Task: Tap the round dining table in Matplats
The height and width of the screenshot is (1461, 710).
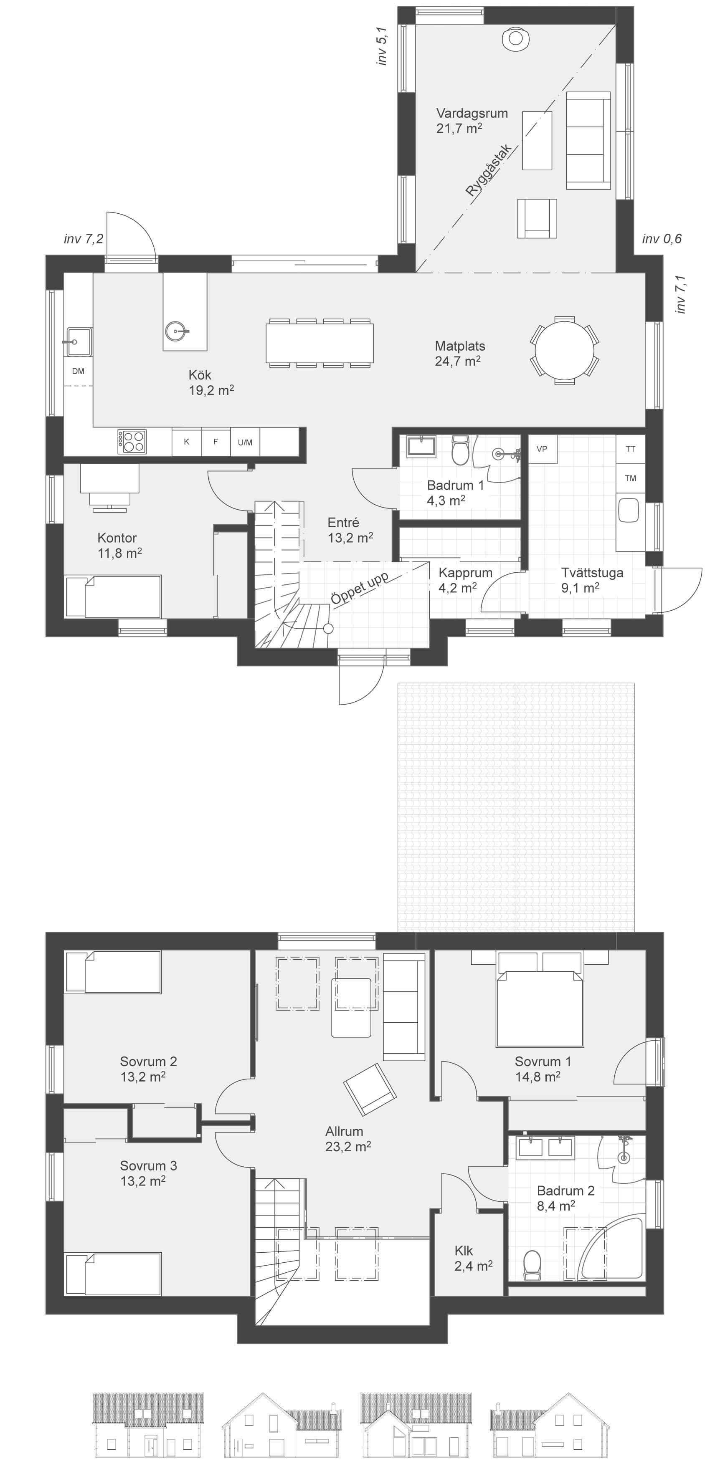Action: coord(564,350)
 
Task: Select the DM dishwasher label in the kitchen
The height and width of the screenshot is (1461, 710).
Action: coord(79,371)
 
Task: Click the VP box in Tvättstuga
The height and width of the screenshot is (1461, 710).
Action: coord(542,449)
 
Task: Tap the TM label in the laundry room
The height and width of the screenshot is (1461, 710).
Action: coord(630,478)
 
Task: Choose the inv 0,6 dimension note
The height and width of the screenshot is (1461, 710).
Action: coord(662,239)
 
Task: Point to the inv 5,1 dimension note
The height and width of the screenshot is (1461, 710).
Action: coord(383,46)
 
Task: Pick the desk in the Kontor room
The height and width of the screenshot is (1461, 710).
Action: coord(109,479)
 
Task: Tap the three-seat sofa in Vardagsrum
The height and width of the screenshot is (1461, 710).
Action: coord(588,140)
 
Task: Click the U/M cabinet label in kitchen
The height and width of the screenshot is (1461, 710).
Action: coord(245,442)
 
